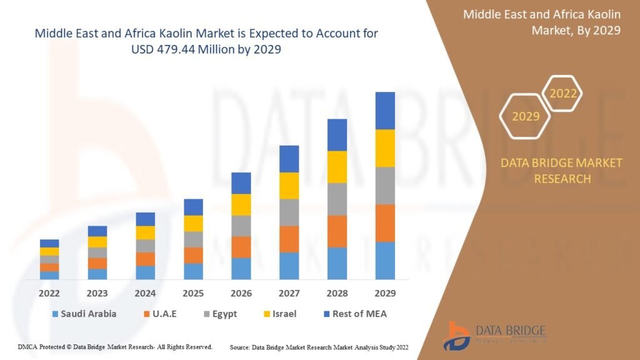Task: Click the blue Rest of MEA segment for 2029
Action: (385, 111)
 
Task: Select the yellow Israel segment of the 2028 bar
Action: (337, 167)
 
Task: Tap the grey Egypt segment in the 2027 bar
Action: (289, 212)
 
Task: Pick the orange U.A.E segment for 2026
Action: (241, 247)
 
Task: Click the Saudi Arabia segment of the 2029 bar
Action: (385, 260)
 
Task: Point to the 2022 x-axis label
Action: (49, 293)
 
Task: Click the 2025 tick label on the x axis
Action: (193, 293)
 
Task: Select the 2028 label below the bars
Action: (337, 293)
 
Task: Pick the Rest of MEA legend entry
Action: (354, 314)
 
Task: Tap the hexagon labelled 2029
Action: (525, 116)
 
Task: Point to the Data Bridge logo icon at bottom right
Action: (458, 336)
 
